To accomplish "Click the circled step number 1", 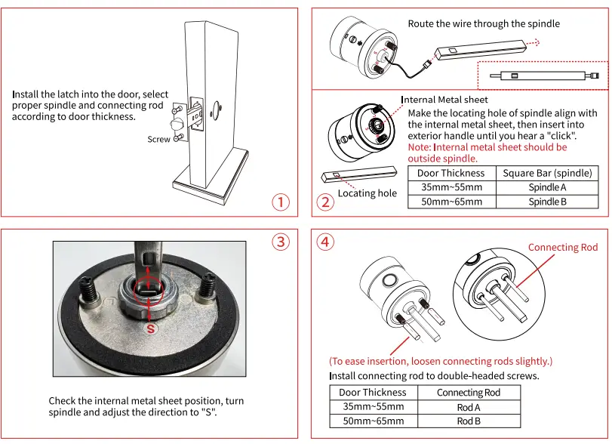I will (x=280, y=202).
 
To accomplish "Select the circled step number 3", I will (x=280, y=242).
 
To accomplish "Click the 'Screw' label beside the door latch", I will (x=158, y=140).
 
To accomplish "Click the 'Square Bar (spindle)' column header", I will (x=547, y=173).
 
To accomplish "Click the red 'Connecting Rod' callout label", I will (x=562, y=248).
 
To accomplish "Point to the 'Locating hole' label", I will (x=367, y=193).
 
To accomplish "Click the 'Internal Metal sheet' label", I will (x=444, y=100).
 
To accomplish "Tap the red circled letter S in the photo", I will (x=151, y=329).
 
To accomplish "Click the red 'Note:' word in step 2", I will (x=420, y=148).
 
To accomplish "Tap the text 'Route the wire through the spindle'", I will (x=484, y=24).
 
